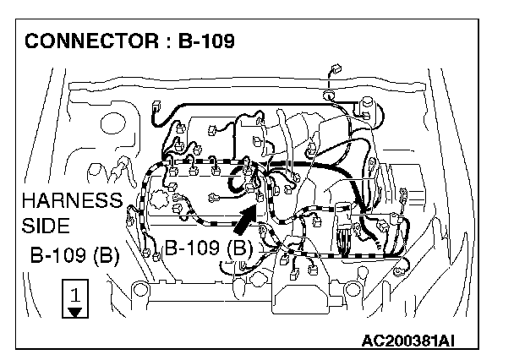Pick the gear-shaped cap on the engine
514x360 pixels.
tap(179, 205)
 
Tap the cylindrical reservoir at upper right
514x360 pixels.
tap(369, 106)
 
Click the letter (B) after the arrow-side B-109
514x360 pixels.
tap(240, 248)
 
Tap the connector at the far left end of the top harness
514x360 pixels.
tap(158, 107)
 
